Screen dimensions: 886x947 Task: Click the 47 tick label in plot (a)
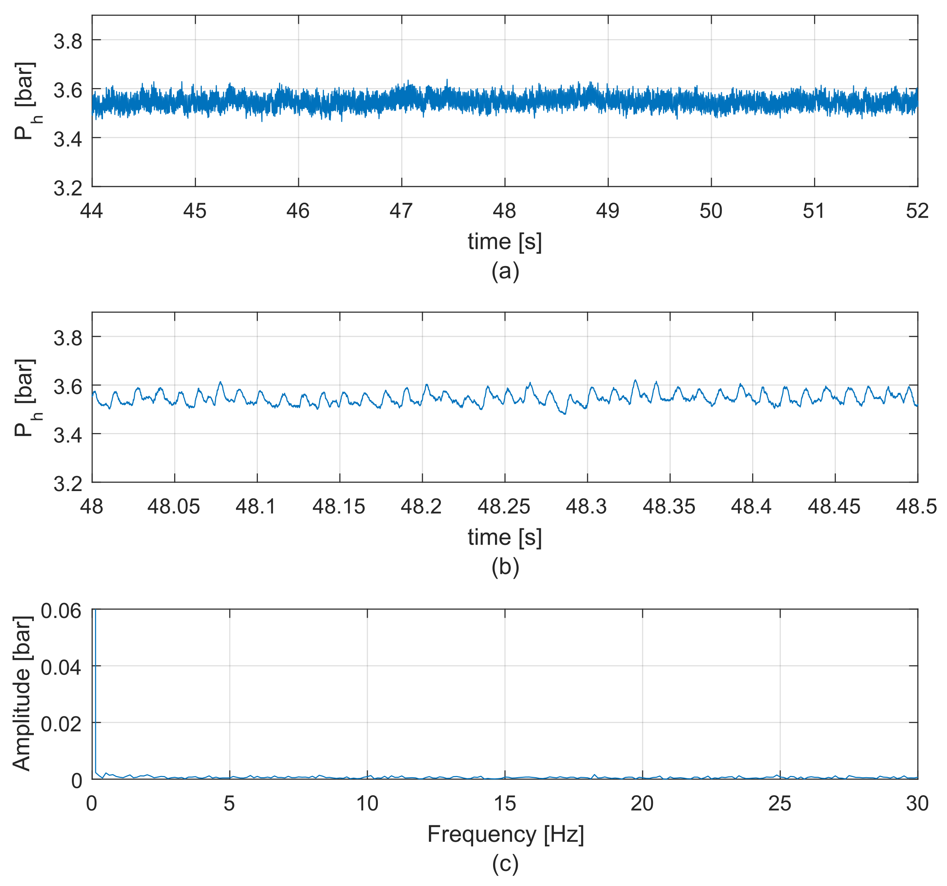click(401, 211)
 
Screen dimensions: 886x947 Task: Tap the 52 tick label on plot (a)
click(917, 211)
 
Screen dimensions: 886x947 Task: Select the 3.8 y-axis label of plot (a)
click(68, 41)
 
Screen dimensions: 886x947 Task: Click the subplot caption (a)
click(505, 271)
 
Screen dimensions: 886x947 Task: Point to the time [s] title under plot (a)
click(505, 241)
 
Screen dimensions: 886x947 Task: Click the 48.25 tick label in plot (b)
click(504, 506)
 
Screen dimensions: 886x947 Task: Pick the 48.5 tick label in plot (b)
click(916, 506)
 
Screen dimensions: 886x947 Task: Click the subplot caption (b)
click(505, 567)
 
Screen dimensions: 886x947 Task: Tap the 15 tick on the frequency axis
click(505, 804)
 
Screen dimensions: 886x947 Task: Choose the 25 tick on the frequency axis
click(780, 804)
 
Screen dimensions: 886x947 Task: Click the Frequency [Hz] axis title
click(505, 834)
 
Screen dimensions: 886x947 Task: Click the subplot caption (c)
click(505, 864)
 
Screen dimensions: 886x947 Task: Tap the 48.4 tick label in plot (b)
click(751, 506)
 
